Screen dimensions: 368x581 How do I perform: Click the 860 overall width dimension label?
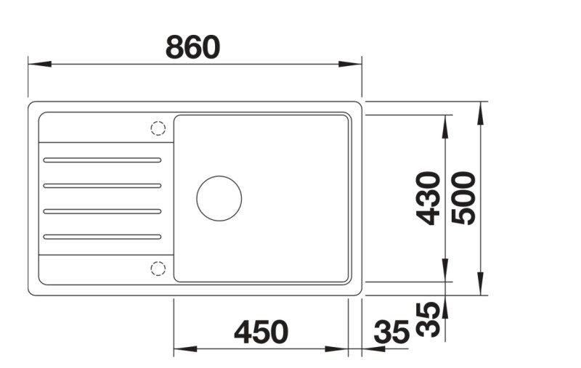point(192,48)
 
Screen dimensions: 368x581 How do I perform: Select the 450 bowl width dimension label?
point(261,332)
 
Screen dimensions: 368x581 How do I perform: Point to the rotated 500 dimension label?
point(463,197)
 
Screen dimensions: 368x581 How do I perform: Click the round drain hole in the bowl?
point(219,197)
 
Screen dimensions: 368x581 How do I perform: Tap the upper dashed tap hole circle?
point(158,128)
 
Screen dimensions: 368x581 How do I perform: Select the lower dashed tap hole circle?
point(158,269)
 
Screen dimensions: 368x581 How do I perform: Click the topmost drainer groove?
point(102,159)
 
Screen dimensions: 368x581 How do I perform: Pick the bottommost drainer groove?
point(102,236)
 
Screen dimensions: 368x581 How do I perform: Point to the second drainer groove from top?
point(102,185)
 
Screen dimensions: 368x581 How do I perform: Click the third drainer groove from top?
point(102,211)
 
